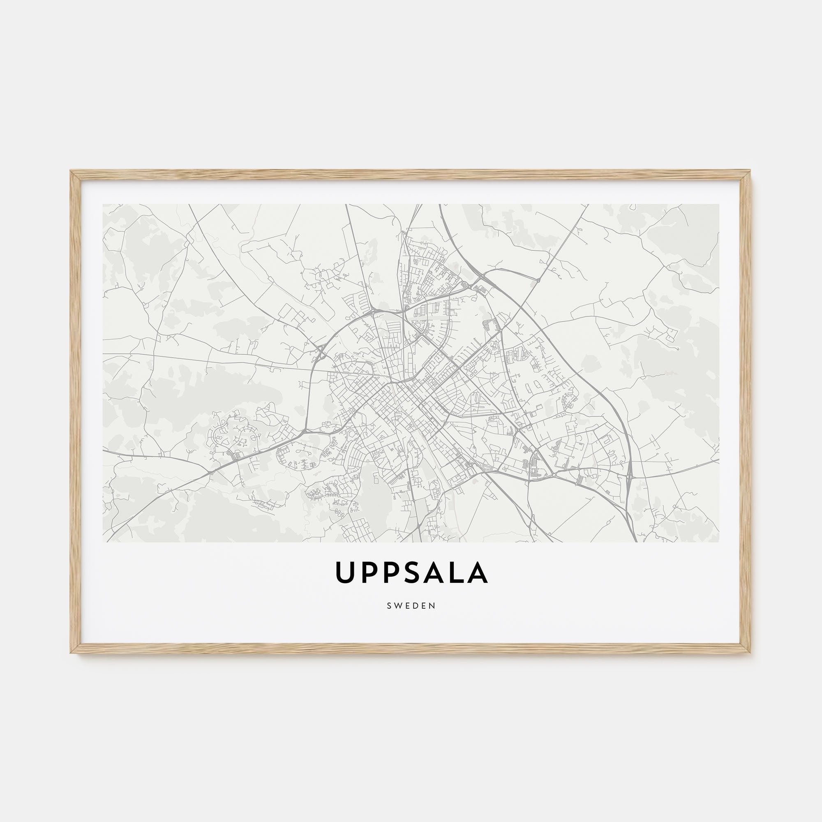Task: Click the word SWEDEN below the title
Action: point(411,606)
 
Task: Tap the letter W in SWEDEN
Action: point(398,606)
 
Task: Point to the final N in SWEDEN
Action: point(433,606)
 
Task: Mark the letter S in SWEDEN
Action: point(389,606)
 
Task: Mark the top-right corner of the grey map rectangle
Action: point(719,204)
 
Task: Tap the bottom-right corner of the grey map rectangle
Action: point(719,542)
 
